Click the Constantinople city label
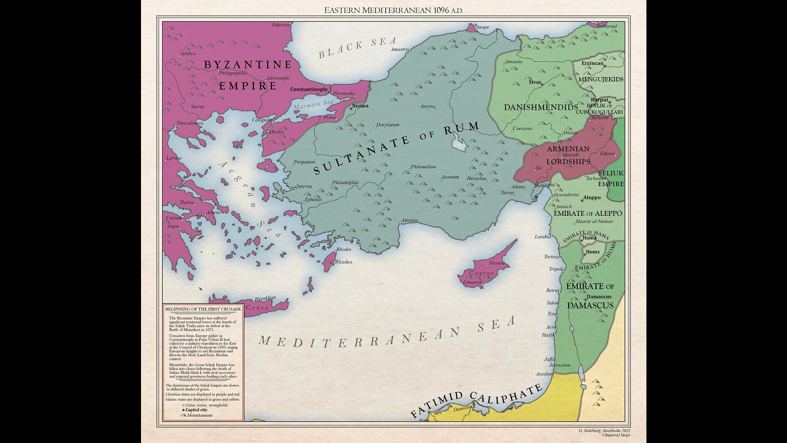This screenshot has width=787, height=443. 309,89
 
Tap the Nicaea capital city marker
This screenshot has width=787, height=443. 351,109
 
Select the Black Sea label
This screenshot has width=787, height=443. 357,47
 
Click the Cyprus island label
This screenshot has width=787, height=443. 482,273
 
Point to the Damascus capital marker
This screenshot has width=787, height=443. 585,300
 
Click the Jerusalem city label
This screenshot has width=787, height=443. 560,365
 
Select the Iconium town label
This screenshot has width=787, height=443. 450,177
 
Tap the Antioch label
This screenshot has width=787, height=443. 564,207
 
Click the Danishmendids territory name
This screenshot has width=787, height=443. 541,107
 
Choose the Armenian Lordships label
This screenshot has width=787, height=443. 568,155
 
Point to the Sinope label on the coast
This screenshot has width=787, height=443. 482,27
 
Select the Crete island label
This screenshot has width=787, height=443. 257,308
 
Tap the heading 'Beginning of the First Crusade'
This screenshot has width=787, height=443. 203,309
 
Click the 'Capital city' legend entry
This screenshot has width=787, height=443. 196,410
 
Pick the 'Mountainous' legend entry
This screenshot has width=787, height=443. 200,415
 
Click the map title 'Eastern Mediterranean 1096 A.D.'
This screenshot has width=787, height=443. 393,10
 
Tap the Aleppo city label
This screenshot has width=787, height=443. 591,198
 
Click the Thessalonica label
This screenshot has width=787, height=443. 189,123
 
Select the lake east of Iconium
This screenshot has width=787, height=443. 459,144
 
